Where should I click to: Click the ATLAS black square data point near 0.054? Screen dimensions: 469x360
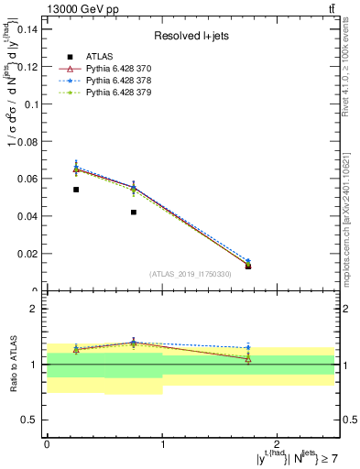[76, 190]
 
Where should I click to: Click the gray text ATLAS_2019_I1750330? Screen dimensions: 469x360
[191, 274]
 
